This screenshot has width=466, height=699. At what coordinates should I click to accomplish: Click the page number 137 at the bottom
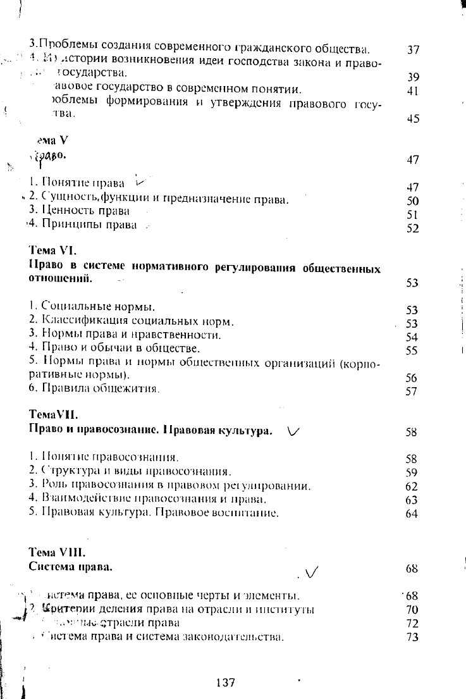point(226,683)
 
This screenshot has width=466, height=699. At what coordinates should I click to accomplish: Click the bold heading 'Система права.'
point(71,567)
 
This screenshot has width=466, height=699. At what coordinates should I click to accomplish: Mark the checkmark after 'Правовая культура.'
point(294,431)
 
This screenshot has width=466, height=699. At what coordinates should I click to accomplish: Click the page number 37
point(414,50)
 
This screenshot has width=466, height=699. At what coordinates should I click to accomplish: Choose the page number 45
point(414,118)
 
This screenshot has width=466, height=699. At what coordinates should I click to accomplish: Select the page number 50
point(413,201)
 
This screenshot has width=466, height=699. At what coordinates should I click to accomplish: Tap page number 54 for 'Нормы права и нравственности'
point(413,336)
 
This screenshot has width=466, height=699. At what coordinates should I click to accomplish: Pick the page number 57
point(412,392)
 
